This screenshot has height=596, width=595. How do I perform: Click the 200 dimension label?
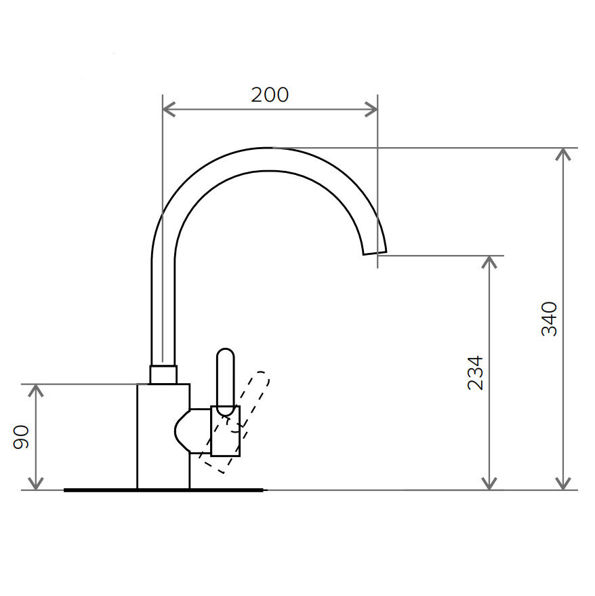pyautogui.click(x=270, y=95)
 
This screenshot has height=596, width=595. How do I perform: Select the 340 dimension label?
pyautogui.click(x=549, y=319)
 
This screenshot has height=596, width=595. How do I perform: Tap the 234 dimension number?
pyautogui.click(x=475, y=373)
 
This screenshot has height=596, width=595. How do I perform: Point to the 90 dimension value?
pyautogui.click(x=21, y=437)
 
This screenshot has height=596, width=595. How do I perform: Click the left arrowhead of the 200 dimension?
pyautogui.click(x=168, y=109)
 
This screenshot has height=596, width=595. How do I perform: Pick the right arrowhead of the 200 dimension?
pyautogui.click(x=371, y=109)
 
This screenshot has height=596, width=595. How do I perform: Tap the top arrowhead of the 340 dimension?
pyautogui.click(x=563, y=154)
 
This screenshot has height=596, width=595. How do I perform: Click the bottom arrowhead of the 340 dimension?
pyautogui.click(x=563, y=484)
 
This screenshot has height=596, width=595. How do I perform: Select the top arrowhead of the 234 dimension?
pyautogui.click(x=489, y=262)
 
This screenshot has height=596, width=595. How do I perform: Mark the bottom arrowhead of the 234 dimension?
pyautogui.click(x=489, y=484)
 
